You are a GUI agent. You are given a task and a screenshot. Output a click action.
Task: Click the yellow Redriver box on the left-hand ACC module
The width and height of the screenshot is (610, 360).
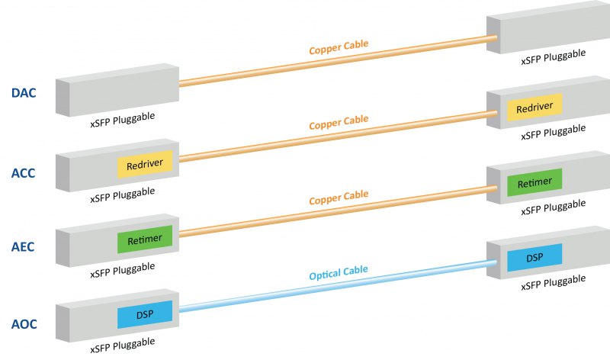[x=146, y=164]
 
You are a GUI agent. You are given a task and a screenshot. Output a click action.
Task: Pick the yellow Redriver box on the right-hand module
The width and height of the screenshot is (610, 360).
[x=535, y=108]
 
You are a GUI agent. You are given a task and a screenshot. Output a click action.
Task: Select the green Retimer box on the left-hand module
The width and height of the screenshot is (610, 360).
[x=145, y=239]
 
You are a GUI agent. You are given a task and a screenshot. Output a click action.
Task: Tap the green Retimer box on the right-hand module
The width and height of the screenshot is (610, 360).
[x=535, y=183]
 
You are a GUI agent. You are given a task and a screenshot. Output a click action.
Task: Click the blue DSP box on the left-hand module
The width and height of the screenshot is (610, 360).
[x=145, y=315]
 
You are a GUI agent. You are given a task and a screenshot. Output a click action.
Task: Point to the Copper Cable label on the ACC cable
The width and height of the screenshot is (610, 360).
[x=339, y=123]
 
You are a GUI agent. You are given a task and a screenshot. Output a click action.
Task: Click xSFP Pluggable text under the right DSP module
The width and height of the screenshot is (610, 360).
[x=554, y=285]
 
